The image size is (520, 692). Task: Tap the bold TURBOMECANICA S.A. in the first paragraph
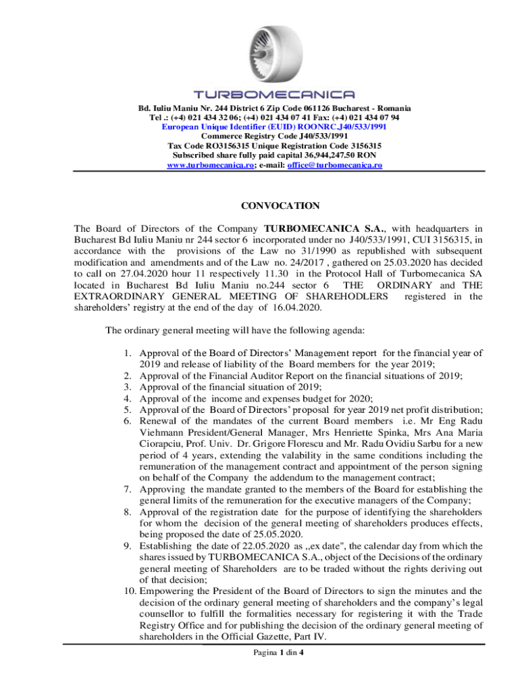319,228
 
